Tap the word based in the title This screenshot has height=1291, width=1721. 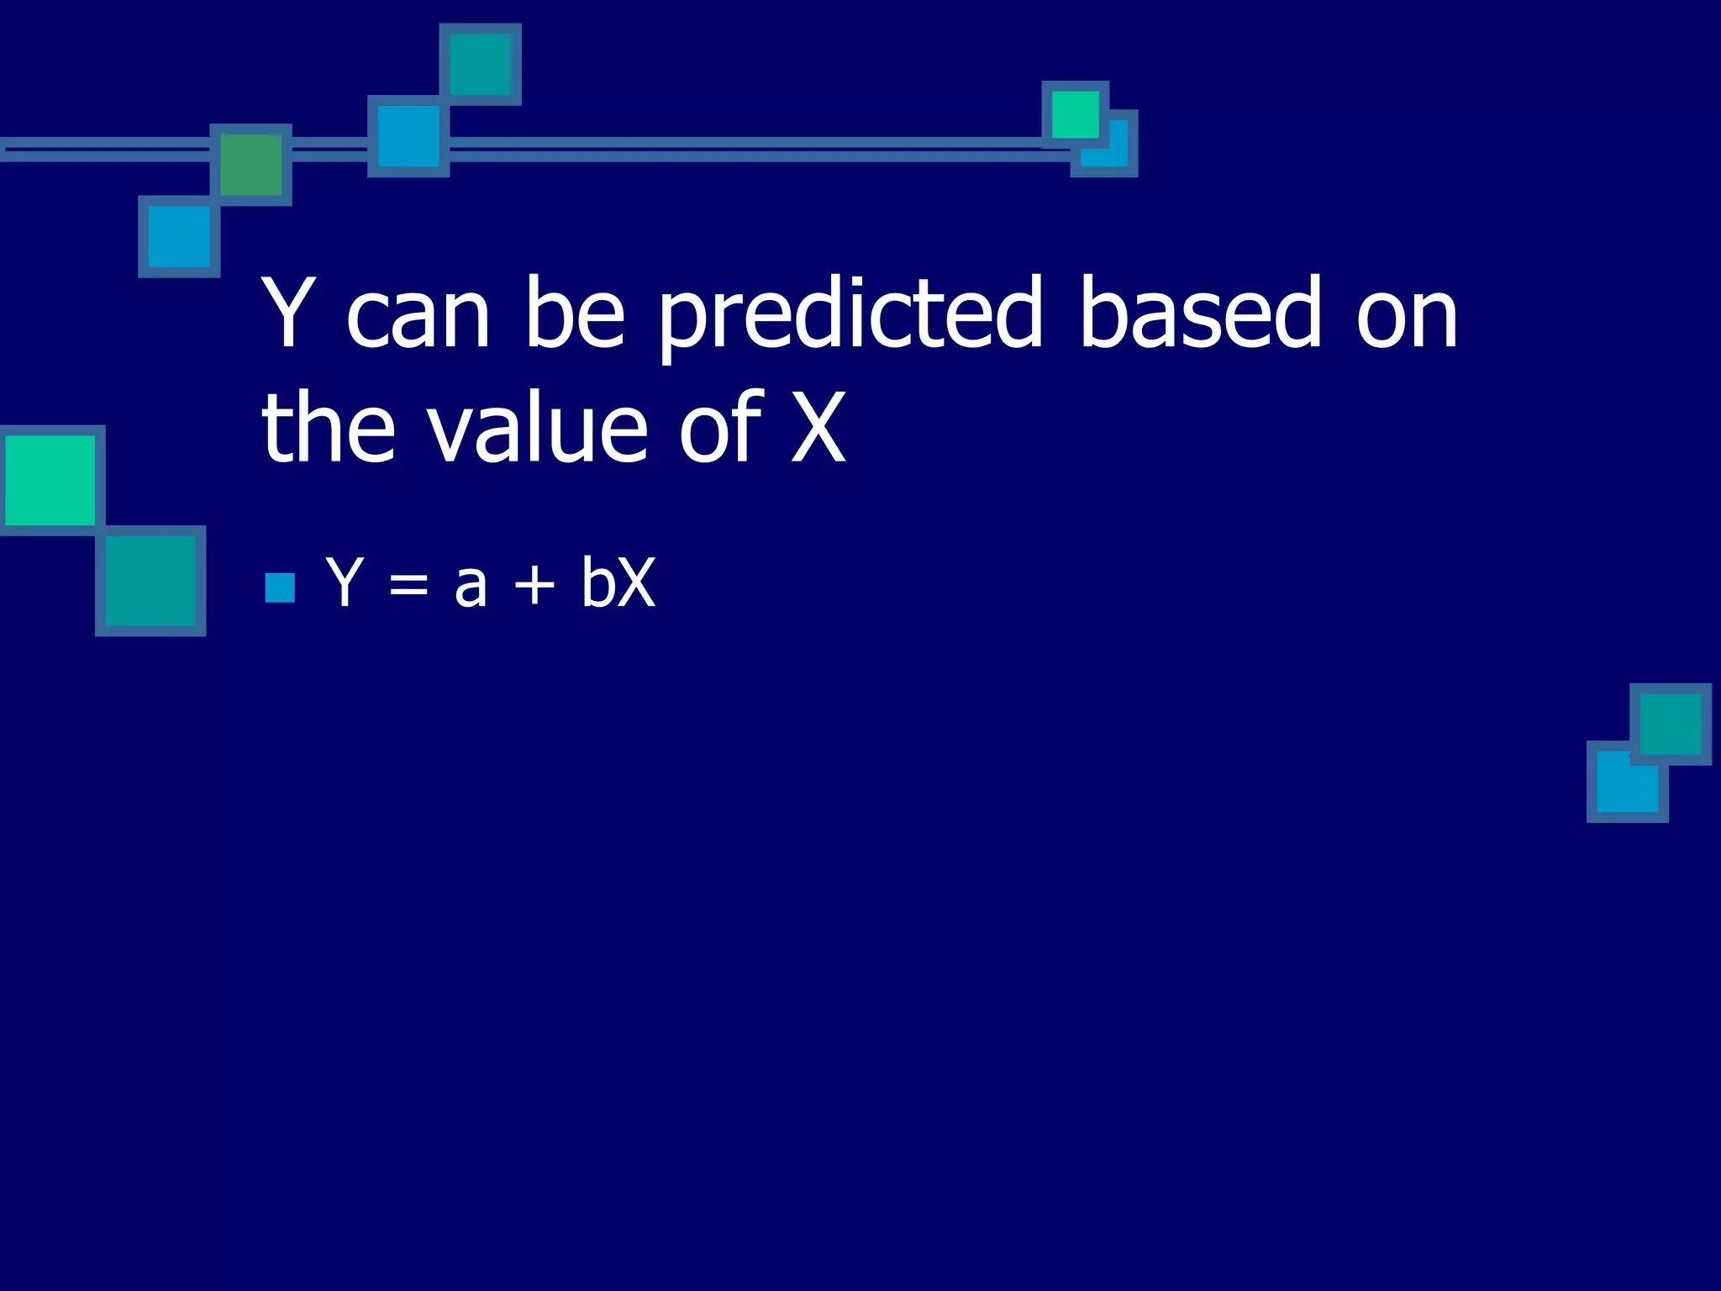tap(1200, 313)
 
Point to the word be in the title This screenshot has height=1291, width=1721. tap(575, 313)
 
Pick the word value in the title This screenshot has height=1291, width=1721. tap(538, 429)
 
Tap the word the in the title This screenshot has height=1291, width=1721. tap(328, 429)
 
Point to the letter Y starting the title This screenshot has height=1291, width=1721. tap(288, 313)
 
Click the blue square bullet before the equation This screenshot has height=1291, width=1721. tap(280, 588)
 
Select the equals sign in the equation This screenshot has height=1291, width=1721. tap(408, 585)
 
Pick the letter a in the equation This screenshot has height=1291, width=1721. tap(471, 586)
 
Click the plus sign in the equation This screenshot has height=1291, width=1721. tap(534, 585)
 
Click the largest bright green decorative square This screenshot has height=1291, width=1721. tap(50, 480)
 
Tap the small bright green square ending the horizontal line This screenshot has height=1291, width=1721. tap(1075, 114)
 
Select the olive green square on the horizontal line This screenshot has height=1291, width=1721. tap(250, 165)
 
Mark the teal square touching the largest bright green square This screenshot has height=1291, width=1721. tap(150, 581)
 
